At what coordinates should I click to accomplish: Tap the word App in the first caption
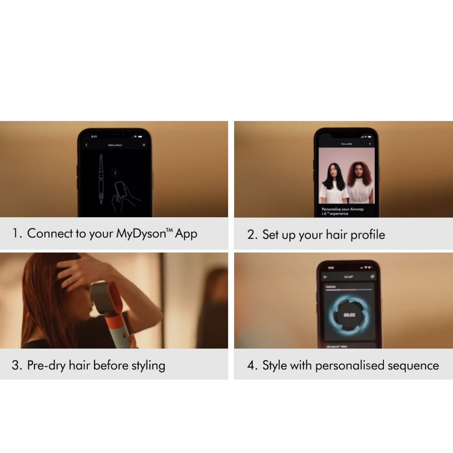click(186, 234)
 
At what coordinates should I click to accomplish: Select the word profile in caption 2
click(367, 234)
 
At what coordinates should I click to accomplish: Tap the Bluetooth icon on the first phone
click(115, 172)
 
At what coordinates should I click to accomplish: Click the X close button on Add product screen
click(144, 145)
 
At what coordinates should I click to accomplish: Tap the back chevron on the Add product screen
click(86, 145)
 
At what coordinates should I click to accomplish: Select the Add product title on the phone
click(115, 145)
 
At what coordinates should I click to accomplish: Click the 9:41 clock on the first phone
click(94, 136)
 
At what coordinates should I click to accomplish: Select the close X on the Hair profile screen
click(370, 144)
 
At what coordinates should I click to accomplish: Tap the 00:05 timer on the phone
click(349, 315)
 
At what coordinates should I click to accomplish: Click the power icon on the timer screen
click(372, 277)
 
